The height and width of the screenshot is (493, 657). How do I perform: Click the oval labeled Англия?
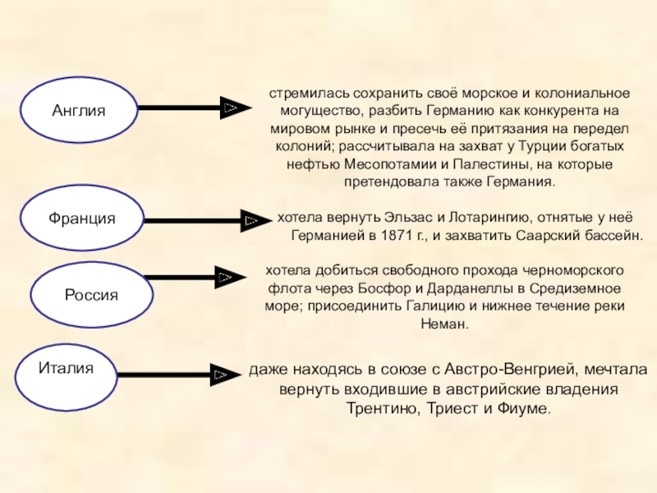(x=79, y=108)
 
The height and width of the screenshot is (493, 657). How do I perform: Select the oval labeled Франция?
(x=81, y=219)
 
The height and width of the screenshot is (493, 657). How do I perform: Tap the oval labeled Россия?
(x=92, y=295)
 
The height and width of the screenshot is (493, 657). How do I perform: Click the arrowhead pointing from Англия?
(x=231, y=108)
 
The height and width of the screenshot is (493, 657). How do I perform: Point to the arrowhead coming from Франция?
(x=251, y=219)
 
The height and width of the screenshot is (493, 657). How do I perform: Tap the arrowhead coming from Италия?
(x=220, y=375)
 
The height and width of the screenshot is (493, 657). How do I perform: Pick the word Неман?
(x=443, y=324)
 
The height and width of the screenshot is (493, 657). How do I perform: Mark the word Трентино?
(x=380, y=408)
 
